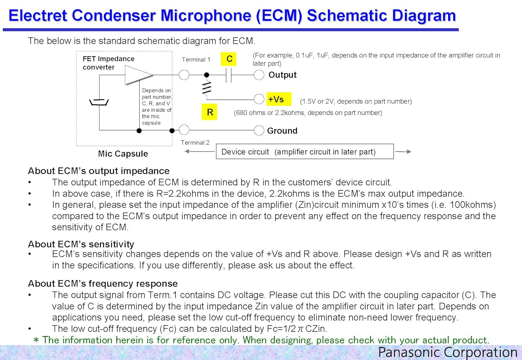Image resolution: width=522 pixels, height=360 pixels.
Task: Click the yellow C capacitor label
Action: (228, 59)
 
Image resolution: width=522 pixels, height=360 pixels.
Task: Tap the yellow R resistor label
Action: (209, 112)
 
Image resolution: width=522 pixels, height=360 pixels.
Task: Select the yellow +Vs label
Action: (279, 99)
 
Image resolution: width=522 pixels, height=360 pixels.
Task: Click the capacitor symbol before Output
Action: (229, 75)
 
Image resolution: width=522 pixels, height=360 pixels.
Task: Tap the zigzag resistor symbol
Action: (207, 88)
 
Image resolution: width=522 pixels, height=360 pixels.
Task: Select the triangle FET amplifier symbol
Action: (139, 75)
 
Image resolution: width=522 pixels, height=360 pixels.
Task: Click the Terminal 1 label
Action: (196, 59)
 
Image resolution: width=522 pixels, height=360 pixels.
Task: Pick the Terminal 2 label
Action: (195, 143)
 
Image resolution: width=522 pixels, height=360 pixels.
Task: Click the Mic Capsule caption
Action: (123, 154)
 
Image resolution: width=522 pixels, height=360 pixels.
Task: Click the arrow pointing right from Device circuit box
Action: (403, 152)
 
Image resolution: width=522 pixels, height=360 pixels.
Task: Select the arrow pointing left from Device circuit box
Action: (199, 152)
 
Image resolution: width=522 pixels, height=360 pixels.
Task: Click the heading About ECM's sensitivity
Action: (81, 244)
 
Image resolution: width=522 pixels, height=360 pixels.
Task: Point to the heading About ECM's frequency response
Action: (103, 283)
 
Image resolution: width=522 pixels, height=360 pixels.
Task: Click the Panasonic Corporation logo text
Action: (448, 352)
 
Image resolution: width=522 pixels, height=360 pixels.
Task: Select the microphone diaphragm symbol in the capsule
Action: (99, 102)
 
